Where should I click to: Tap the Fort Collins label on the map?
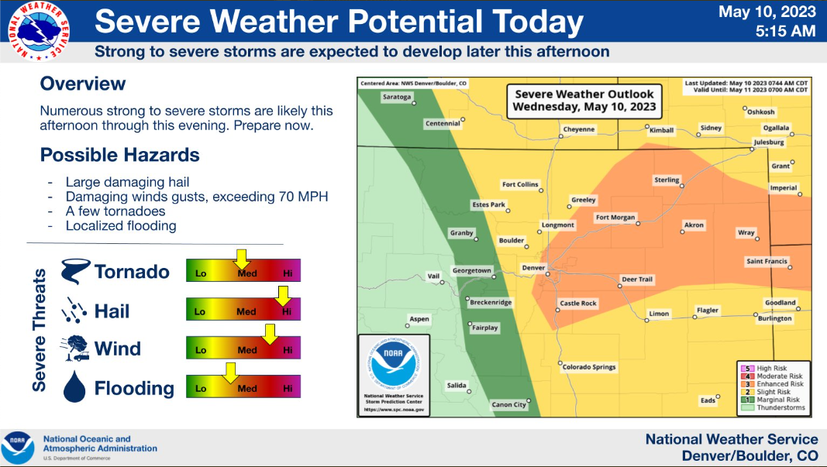(x=519, y=184)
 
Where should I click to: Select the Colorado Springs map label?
(x=588, y=367)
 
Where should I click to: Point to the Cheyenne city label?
(x=579, y=129)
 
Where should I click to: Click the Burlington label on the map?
(x=775, y=318)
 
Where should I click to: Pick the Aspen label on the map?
(x=419, y=318)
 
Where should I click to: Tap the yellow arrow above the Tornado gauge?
(x=241, y=259)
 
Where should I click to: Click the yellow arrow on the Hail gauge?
(x=283, y=296)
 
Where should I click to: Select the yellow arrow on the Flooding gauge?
(x=229, y=373)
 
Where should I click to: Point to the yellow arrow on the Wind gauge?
(x=269, y=334)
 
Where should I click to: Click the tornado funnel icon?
(x=76, y=271)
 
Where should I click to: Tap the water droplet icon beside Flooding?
(x=74, y=387)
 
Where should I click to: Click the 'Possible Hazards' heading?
(x=119, y=155)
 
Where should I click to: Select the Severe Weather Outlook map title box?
(x=584, y=101)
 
